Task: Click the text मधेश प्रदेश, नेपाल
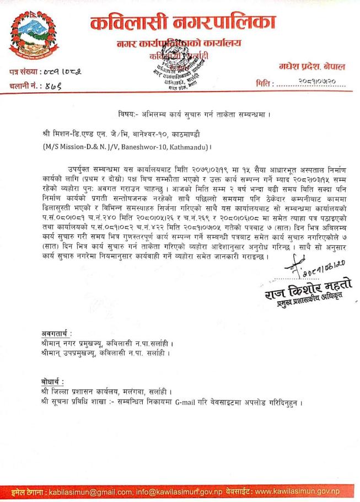[312, 67]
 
